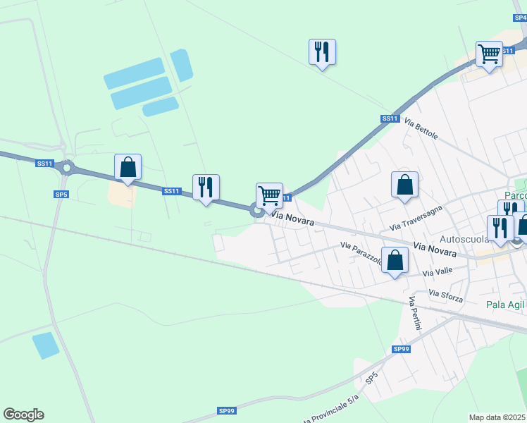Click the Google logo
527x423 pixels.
click(x=23, y=415)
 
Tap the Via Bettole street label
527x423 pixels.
click(x=421, y=129)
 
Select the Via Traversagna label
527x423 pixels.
click(x=416, y=218)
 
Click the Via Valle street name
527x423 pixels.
click(x=438, y=272)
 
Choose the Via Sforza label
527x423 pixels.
click(x=445, y=297)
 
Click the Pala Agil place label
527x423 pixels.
click(x=506, y=305)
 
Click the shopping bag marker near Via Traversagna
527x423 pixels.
click(x=404, y=185)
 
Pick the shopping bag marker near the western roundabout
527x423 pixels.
click(x=128, y=167)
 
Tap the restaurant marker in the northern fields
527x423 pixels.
click(x=322, y=51)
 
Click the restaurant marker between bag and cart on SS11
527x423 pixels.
click(x=206, y=188)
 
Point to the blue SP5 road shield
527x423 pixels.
click(x=61, y=194)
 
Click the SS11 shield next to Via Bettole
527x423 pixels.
click(x=390, y=118)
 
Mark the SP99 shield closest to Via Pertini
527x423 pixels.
click(x=401, y=349)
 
